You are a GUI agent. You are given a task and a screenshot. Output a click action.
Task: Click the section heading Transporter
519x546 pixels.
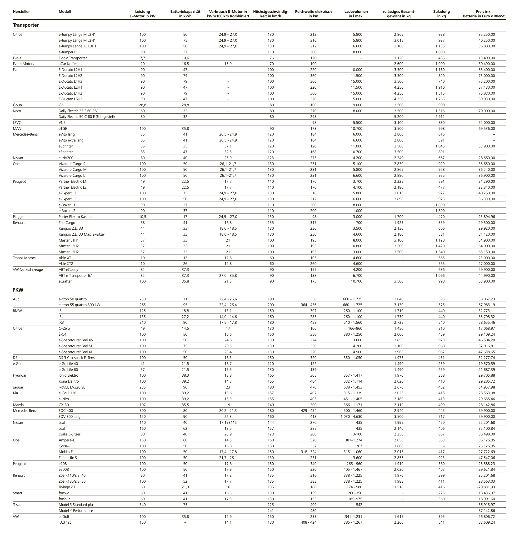26,25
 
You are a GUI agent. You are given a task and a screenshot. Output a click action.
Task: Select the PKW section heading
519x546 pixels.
18,290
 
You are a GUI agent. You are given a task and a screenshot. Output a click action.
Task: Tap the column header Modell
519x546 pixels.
65,12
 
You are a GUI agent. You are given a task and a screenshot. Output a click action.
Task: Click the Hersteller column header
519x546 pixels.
21,12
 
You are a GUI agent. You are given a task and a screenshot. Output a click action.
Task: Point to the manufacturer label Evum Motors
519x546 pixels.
23,64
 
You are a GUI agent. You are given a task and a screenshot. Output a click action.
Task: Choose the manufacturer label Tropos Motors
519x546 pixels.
24,258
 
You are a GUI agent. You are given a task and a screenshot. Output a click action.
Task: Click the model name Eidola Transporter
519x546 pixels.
72,58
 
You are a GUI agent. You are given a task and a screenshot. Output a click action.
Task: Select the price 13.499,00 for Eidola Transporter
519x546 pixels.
487,58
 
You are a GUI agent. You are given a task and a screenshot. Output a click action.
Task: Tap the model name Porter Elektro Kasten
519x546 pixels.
75,217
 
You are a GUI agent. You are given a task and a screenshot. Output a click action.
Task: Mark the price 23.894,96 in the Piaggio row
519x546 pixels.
487,217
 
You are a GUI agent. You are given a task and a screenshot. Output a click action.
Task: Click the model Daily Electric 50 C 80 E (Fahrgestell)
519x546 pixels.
87,116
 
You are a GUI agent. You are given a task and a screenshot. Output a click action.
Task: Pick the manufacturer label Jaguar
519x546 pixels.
18,387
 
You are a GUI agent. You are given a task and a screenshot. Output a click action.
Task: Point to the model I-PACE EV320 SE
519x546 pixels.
72,387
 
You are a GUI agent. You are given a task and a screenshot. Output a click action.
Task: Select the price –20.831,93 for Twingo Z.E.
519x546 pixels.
485,487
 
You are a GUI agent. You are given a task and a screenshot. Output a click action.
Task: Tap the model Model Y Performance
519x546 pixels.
76,511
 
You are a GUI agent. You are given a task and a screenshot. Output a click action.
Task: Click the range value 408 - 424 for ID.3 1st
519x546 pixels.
309,522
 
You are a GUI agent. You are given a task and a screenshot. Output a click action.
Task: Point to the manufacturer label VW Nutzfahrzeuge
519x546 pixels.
28,269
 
